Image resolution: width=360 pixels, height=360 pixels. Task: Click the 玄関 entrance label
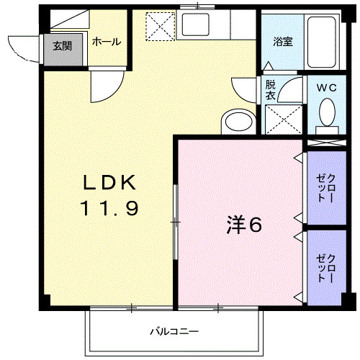(x=58, y=47)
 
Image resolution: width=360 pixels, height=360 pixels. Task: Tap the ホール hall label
(x=106, y=42)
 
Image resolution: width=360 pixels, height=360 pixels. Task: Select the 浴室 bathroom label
(x=282, y=42)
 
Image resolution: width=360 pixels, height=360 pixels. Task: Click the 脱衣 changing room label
(x=270, y=89)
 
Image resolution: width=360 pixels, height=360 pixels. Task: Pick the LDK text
(x=108, y=181)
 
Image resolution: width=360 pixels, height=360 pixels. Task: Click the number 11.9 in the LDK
(x=108, y=209)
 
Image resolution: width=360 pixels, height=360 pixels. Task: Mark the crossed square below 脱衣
(x=282, y=117)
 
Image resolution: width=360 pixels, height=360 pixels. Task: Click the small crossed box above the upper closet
(x=328, y=143)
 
